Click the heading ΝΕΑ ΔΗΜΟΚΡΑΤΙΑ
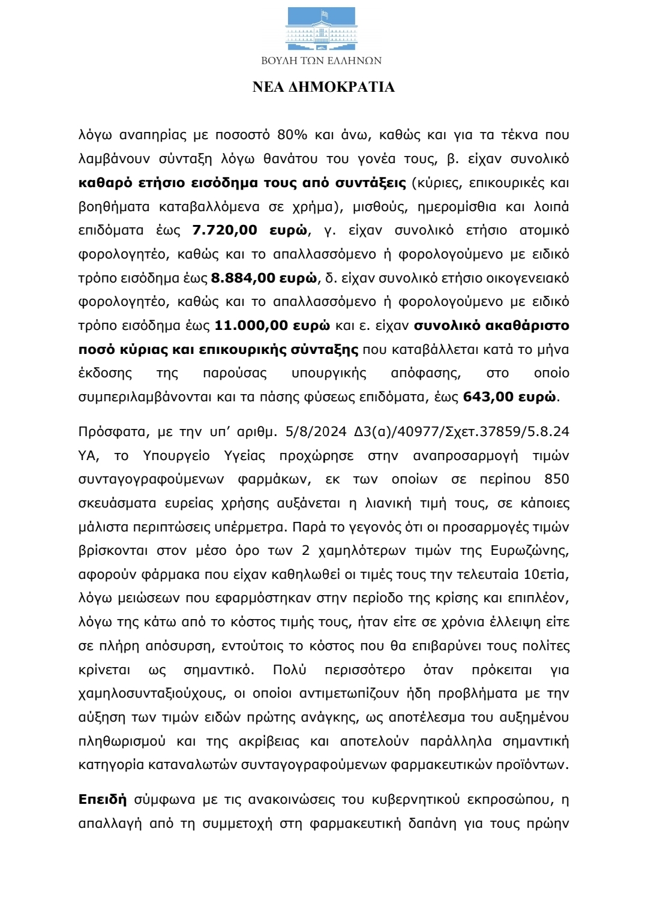point(323,88)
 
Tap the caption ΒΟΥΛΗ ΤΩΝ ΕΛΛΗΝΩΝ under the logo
point(322,61)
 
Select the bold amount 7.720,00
point(224,230)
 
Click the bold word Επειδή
point(103,800)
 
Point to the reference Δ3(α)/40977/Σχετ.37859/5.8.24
point(462,432)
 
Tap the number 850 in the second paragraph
point(557,479)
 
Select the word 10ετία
point(544,575)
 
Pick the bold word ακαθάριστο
point(520,326)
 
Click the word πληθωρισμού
point(122,741)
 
